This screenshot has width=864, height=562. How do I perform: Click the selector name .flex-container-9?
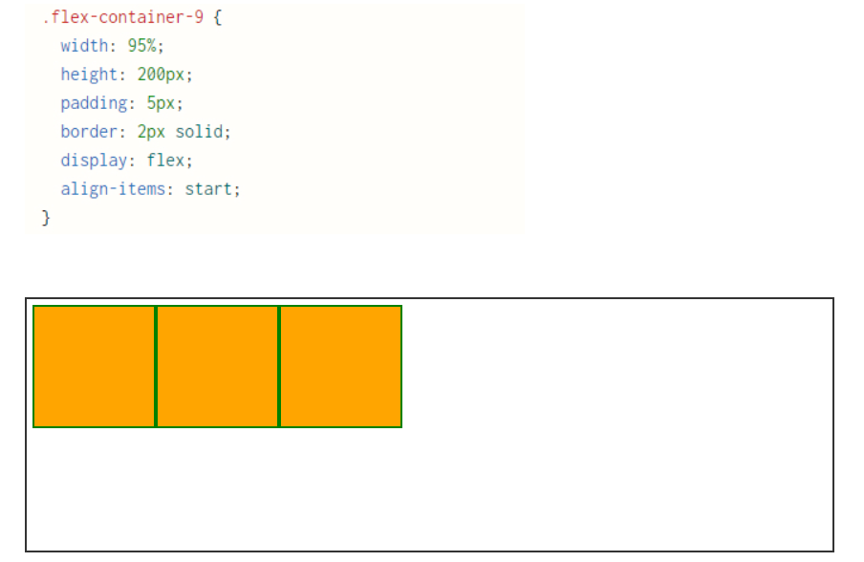click(122, 17)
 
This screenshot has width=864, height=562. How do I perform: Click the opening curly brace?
click(217, 17)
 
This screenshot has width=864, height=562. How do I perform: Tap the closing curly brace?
click(46, 218)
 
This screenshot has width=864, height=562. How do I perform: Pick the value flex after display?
click(165, 161)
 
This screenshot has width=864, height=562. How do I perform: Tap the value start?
click(208, 189)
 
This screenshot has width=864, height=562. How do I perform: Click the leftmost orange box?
click(95, 366)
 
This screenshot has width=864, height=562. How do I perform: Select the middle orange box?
click(218, 366)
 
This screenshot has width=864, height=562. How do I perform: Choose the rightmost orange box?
click(341, 366)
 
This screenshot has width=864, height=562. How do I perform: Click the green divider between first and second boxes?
click(156, 366)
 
